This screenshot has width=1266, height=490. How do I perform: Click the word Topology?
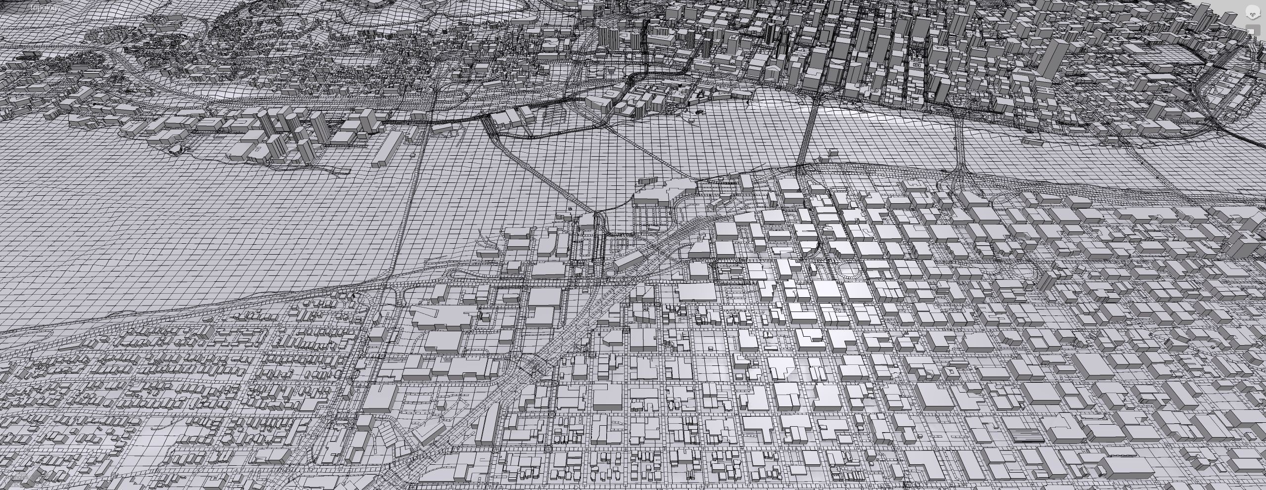tap(45, 8)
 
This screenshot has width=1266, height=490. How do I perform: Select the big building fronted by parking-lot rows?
tap(653, 198)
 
